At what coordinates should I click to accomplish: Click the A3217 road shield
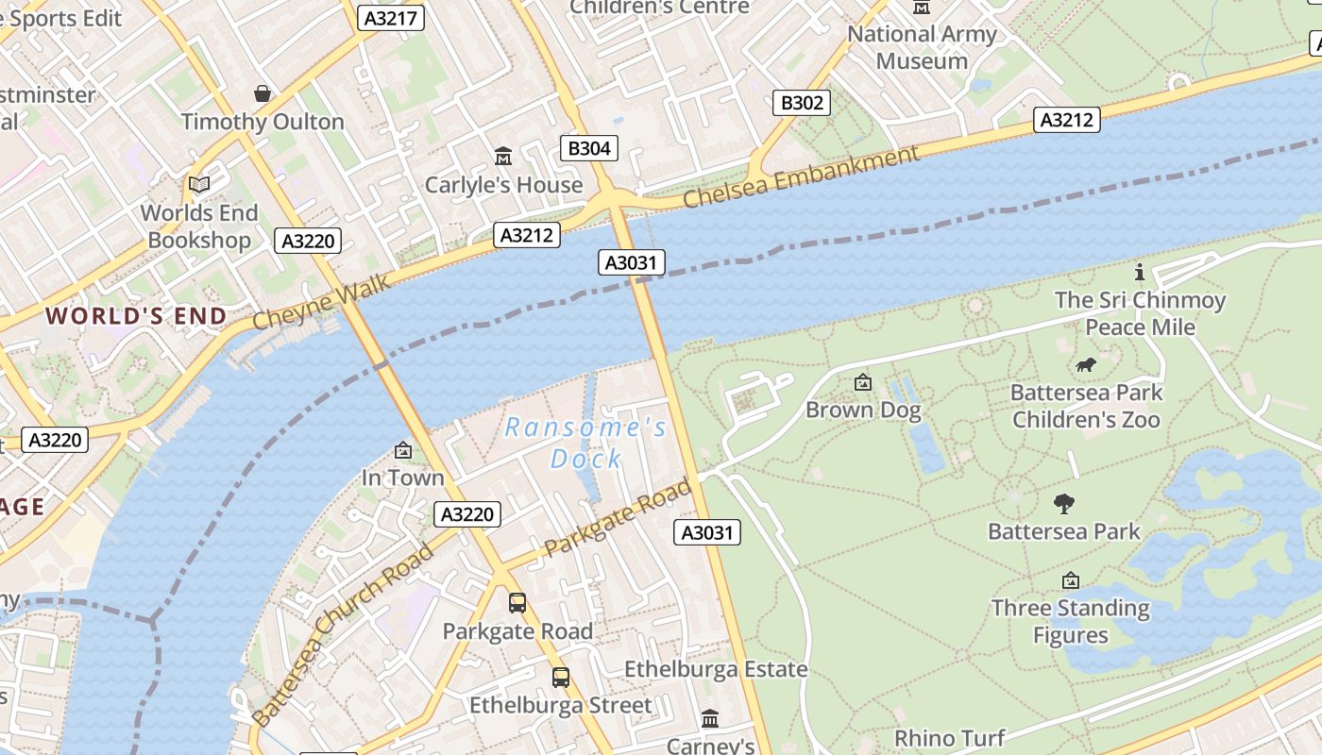[391, 18]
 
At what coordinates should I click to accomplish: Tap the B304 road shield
[590, 148]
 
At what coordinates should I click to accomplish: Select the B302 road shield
[802, 103]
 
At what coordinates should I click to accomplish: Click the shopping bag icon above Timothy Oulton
[263, 93]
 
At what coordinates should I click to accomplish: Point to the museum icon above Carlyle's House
[503, 156]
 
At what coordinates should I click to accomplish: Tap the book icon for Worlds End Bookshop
[199, 184]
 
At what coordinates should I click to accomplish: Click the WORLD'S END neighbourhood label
[136, 316]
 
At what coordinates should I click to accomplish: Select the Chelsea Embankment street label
[801, 178]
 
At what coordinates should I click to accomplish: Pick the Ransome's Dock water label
[586, 443]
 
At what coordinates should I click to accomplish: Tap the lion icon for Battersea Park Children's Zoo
[1086, 364]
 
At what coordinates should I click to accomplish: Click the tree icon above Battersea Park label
[1064, 504]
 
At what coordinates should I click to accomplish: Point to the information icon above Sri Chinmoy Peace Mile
[1140, 273]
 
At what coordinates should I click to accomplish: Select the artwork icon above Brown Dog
[862, 382]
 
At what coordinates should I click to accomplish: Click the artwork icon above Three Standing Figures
[1070, 580]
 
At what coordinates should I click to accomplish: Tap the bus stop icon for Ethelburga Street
[561, 677]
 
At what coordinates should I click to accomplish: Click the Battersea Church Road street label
[344, 634]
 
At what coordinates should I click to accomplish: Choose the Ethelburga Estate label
[716, 669]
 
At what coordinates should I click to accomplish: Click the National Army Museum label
[922, 47]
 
